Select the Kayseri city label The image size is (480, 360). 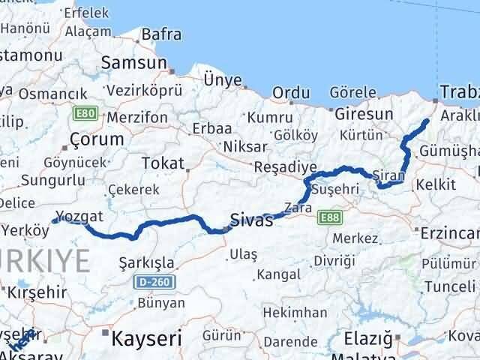[x=147, y=339]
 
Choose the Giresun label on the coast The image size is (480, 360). [x=364, y=115]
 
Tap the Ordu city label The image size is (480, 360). [x=291, y=93]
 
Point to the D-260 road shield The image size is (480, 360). [x=149, y=283]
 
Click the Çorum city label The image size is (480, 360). [x=96, y=139]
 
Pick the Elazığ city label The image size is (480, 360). [x=367, y=339]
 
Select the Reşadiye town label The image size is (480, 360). [x=285, y=166]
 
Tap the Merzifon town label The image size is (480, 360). [x=137, y=118]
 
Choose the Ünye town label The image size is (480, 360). [x=223, y=80]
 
